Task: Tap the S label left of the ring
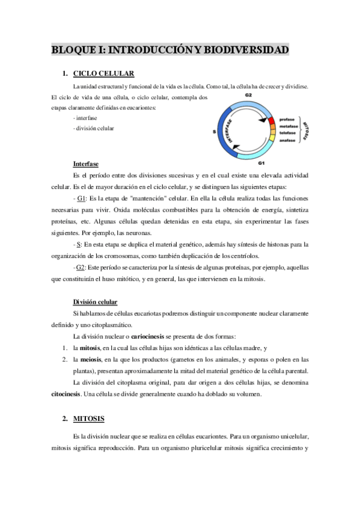pyautogui.click(x=214, y=131)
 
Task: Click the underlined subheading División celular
pyautogui.click(x=95, y=301)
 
